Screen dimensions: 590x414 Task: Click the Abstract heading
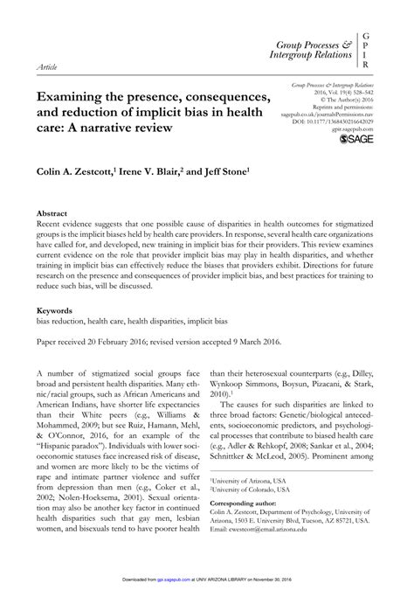52,212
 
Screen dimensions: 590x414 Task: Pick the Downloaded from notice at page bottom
206,578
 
